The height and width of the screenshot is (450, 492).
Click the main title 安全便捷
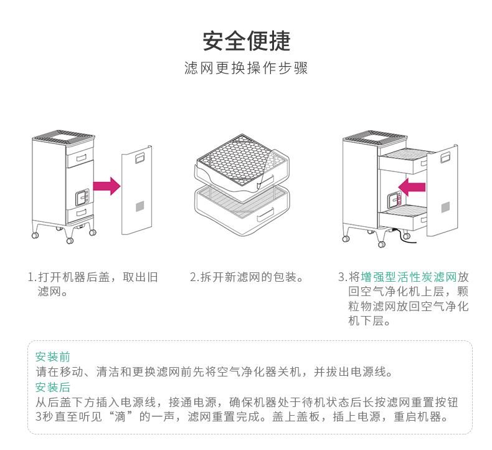tap(246, 41)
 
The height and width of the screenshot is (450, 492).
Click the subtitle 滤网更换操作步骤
tap(246, 68)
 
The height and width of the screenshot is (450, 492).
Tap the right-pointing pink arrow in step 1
tap(106, 186)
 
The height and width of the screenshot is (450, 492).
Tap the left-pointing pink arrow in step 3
tap(412, 186)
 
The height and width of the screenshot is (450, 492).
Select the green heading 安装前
tap(52, 357)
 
